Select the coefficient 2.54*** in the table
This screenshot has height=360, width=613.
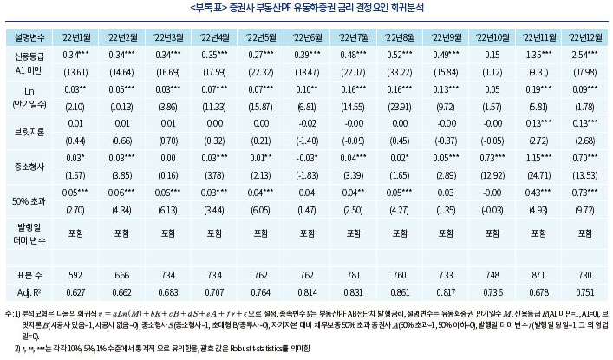582,54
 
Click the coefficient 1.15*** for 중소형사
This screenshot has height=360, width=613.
536,160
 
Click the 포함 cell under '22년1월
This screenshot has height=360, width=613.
75,232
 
